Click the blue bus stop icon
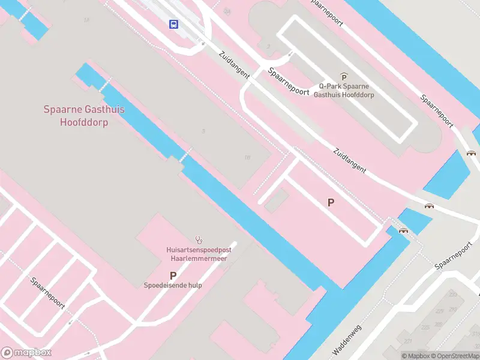tap(173, 24)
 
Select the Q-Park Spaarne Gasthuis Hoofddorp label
tap(344, 90)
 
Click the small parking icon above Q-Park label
tap(344, 77)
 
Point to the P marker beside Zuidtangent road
tap(331, 203)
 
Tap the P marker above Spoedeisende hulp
tap(173, 275)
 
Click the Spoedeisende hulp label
tap(173, 286)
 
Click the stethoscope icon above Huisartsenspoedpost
tap(199, 239)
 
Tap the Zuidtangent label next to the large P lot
tap(349, 160)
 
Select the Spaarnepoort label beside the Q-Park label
tap(289, 83)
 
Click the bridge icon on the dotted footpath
tap(403, 230)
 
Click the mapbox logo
tap(26, 352)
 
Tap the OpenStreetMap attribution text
tap(455, 356)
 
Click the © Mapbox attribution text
tap(416, 356)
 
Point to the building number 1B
tap(247, 157)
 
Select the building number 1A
tap(86, 20)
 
